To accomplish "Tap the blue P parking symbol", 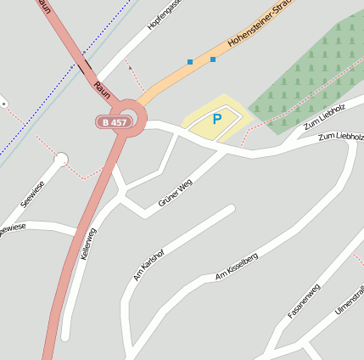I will point(216,120).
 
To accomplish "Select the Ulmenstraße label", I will point(350,301).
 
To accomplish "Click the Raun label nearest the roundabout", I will point(102,88).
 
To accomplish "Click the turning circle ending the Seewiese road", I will point(60,159).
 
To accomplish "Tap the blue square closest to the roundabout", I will point(189,62).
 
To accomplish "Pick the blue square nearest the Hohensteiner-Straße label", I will point(212,59).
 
